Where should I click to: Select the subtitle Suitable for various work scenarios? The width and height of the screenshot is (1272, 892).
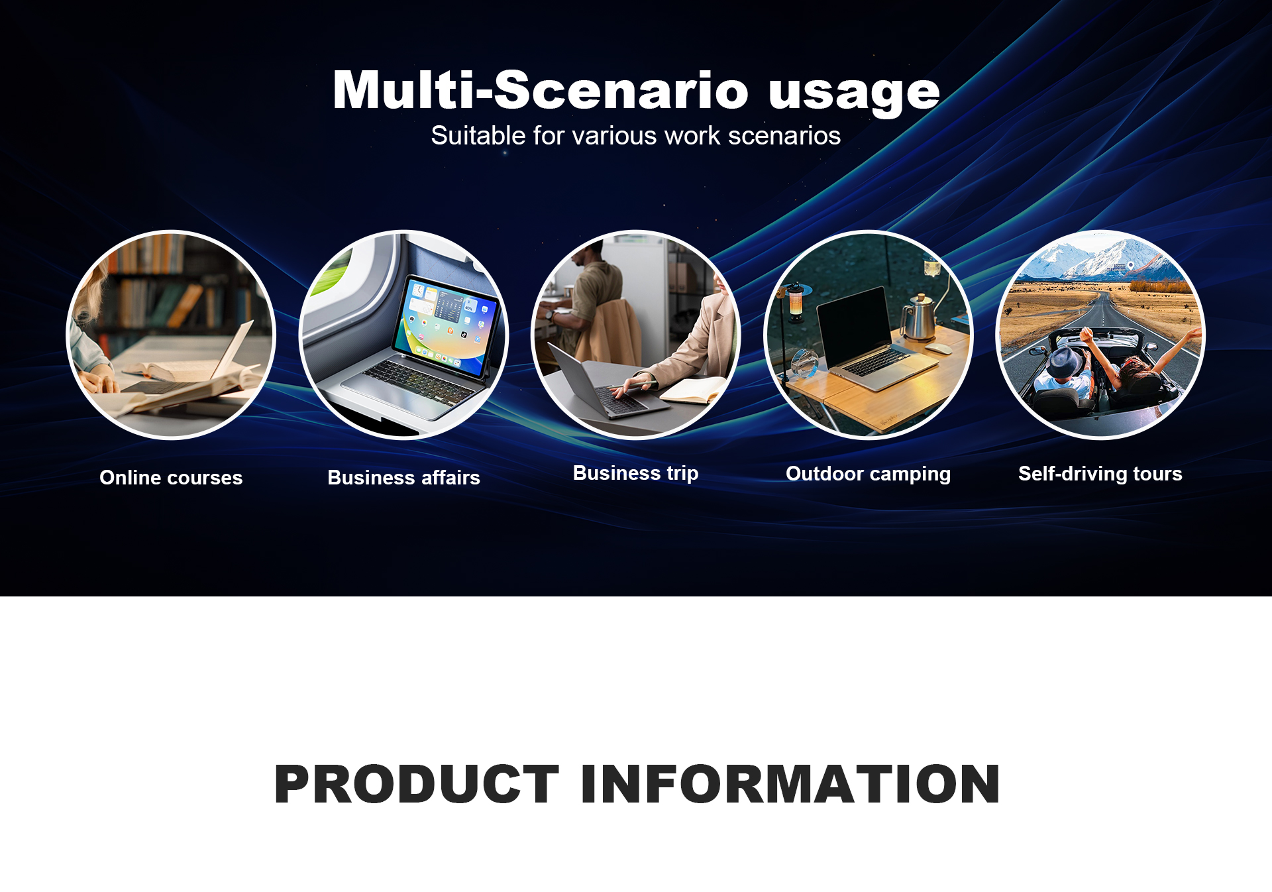[636, 135]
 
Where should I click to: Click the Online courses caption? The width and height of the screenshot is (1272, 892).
[171, 477]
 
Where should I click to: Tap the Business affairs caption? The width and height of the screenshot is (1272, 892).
[403, 477]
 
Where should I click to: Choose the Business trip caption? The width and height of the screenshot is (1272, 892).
[635, 473]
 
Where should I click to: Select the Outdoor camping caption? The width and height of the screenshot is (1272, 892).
[868, 474]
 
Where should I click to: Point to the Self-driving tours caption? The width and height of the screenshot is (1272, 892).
[1100, 474]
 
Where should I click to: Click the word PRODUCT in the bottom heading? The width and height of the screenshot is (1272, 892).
[417, 784]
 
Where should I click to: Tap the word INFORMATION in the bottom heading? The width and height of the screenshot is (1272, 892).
[790, 784]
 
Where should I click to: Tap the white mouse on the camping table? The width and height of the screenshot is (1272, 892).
[939, 349]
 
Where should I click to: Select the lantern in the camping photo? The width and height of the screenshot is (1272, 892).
[794, 303]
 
